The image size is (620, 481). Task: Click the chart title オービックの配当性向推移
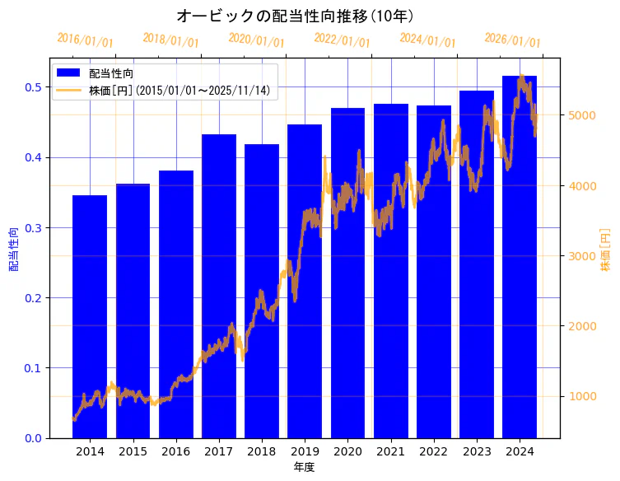point(295,16)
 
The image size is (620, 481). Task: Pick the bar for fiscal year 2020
point(347,273)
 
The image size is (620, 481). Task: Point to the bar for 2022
point(434,271)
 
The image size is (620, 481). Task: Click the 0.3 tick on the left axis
point(34,227)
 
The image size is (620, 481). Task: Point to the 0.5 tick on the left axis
point(34,87)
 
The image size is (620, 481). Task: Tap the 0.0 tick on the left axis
point(34,438)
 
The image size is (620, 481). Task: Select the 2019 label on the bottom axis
point(305,452)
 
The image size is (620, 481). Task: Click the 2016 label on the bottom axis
point(175,452)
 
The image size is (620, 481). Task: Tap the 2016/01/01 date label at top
point(86,40)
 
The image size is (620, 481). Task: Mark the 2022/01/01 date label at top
point(343,40)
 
